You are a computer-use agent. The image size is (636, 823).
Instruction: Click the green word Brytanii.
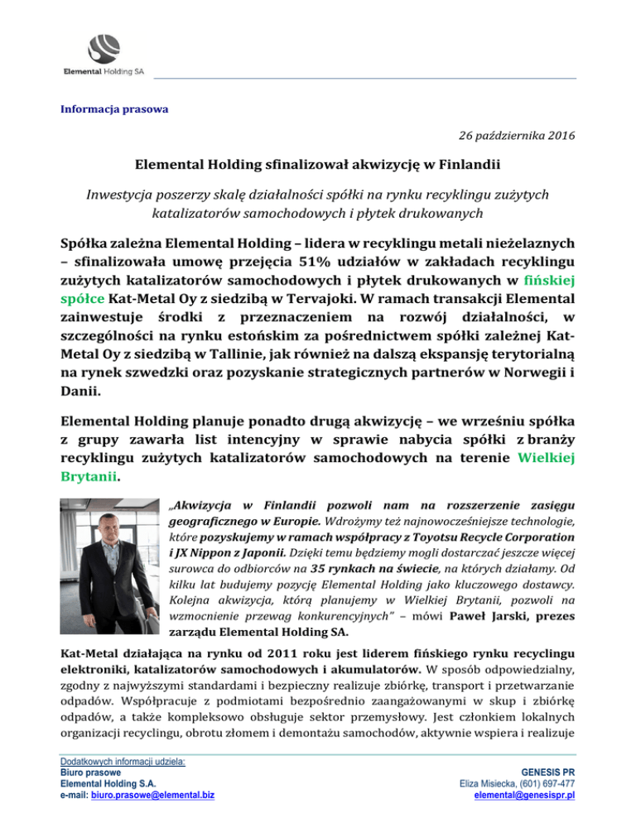click(89, 478)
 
